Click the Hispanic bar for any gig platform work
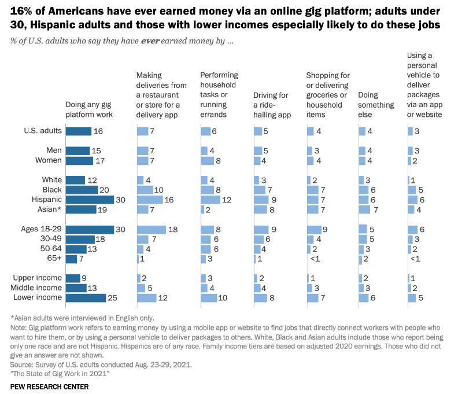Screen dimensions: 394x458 [90, 200]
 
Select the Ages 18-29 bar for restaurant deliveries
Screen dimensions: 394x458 [151, 230]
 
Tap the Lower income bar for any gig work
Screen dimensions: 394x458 [86, 298]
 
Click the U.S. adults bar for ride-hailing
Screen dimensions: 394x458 [257, 131]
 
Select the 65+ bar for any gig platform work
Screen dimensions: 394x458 [71, 259]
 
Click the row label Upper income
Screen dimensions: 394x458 [38, 278]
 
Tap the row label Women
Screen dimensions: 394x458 [49, 160]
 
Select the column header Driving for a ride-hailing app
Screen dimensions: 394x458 [271, 105]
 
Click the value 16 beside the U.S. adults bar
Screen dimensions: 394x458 [98, 131]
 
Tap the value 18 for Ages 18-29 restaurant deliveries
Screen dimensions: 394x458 [173, 230]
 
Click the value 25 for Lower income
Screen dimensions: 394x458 [113, 298]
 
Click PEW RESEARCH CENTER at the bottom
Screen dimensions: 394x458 [50, 386]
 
